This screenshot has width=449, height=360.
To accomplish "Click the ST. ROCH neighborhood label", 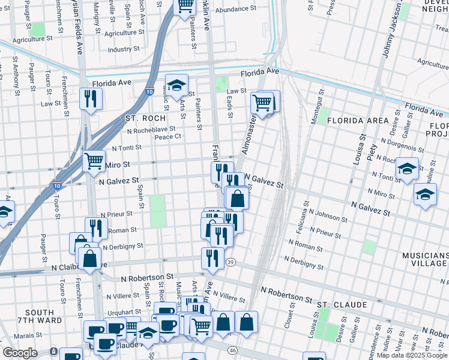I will point(144,118).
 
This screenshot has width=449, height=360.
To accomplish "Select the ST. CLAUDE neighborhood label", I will point(342,305).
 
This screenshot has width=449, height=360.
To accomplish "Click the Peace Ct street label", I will point(168,137).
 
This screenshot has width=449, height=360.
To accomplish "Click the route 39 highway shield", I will point(231,262).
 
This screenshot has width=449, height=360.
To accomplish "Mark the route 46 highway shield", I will point(249,350).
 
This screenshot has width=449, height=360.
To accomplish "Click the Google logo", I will point(20,353).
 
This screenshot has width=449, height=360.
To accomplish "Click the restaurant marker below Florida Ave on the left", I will point(91,98).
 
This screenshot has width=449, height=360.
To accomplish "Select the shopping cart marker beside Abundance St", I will point(185,5).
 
